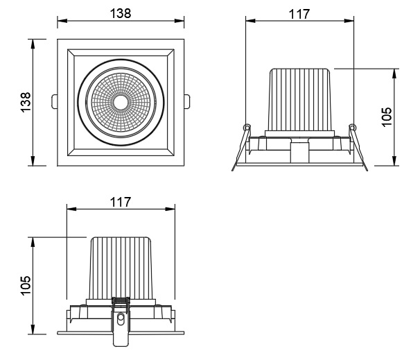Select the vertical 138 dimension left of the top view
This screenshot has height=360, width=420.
point(25,101)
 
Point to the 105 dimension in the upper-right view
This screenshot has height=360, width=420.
point(387,117)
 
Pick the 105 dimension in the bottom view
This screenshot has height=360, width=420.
point(25,285)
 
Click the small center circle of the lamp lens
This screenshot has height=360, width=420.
point(120,102)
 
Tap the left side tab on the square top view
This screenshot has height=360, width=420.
point(54,101)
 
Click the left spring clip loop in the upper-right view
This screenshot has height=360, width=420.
point(245,127)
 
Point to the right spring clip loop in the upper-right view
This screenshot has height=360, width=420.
point(351,127)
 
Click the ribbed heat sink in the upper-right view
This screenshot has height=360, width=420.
point(299,97)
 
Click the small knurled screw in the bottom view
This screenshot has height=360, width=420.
point(121,302)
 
